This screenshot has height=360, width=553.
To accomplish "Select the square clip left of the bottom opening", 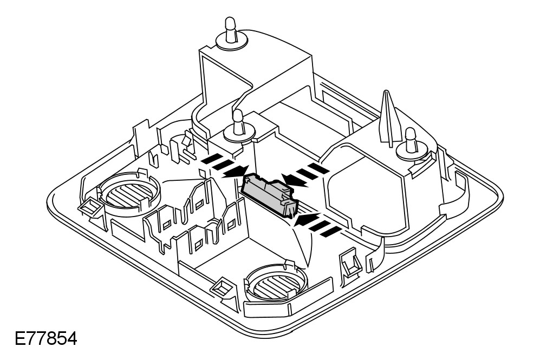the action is click(x=221, y=287).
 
